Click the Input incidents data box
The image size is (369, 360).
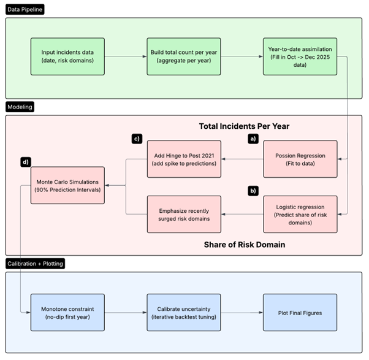click(x=67, y=56)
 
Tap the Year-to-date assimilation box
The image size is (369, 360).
click(x=300, y=56)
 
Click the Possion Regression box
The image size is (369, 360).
click(x=300, y=159)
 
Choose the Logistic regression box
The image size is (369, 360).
click(x=300, y=214)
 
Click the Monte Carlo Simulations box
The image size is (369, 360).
click(x=67, y=184)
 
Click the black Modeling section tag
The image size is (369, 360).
click(x=21, y=107)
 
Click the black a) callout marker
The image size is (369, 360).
click(x=252, y=139)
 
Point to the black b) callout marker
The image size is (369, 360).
click(x=252, y=191)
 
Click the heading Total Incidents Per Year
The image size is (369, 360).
click(x=244, y=126)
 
